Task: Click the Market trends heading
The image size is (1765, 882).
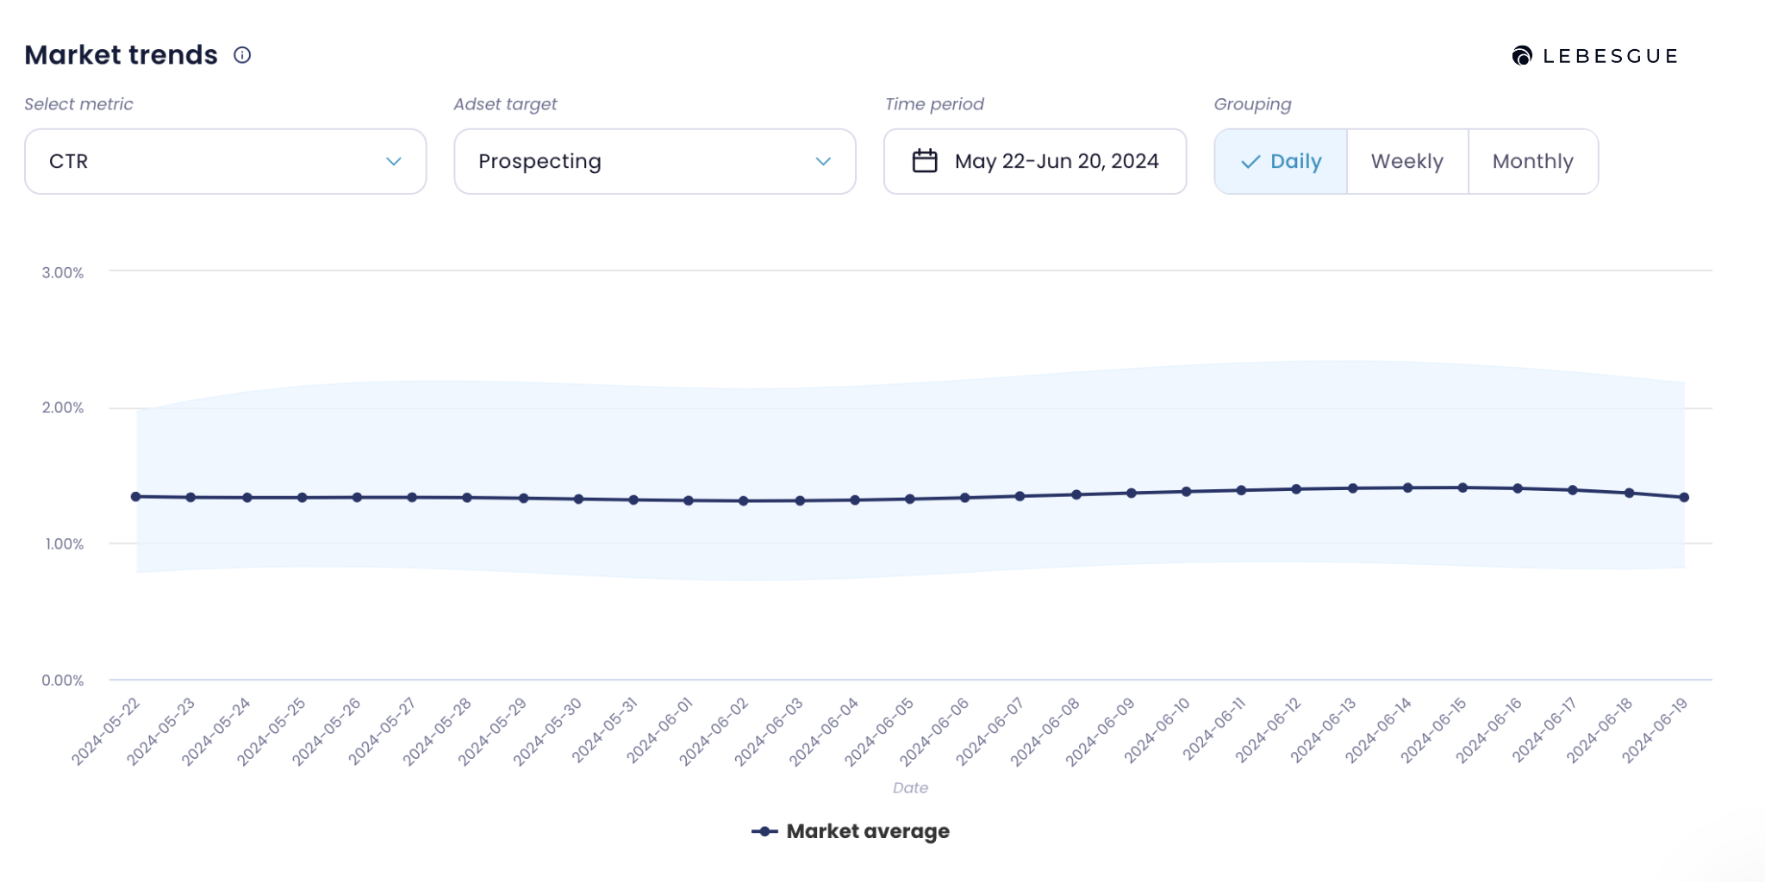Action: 121,55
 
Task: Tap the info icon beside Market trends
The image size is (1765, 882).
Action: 242,55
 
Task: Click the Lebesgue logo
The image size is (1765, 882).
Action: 1594,56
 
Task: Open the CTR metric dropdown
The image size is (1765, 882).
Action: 225,161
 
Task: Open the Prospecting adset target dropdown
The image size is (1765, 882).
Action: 654,161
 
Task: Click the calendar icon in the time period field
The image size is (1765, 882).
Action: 925,161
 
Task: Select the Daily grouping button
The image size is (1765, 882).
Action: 1281,161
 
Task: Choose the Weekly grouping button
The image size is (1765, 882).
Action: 1406,161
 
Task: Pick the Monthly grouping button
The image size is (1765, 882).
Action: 1532,161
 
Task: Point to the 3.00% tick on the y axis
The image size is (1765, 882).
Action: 63,272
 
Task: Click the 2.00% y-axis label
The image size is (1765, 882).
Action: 63,407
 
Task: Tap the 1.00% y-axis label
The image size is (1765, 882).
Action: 65,543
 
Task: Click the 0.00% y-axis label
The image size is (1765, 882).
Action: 63,680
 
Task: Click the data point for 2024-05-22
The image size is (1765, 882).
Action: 135,496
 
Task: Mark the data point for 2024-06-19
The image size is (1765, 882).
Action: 1684,497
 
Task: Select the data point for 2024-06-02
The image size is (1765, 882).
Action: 743,500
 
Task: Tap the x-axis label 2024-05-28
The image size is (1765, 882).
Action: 438,731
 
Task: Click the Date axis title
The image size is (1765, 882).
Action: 910,787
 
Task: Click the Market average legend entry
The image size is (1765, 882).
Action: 851,831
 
